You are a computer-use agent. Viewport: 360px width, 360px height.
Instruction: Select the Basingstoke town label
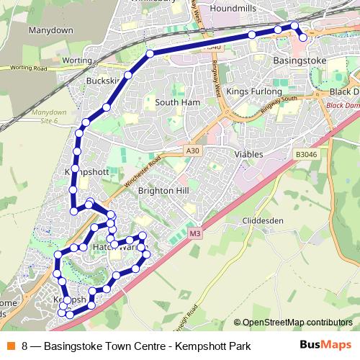300,61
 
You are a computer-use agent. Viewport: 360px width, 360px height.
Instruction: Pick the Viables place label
248,154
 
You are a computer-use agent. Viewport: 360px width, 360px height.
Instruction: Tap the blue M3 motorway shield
195,234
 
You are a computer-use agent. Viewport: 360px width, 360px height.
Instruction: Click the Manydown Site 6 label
49,117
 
